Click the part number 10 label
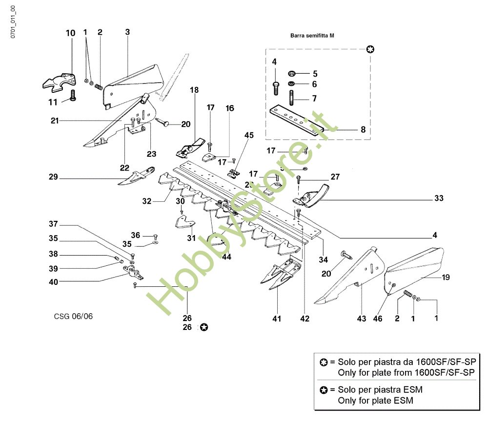[71, 33]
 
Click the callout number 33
[439, 199]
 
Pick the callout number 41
[277, 319]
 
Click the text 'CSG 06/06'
[73, 316]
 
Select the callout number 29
[53, 177]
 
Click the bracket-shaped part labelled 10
[60, 81]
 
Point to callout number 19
[446, 277]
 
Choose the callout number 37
[53, 224]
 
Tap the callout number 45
[249, 135]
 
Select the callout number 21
[55, 120]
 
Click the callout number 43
[361, 319]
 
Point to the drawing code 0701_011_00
[13, 22]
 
